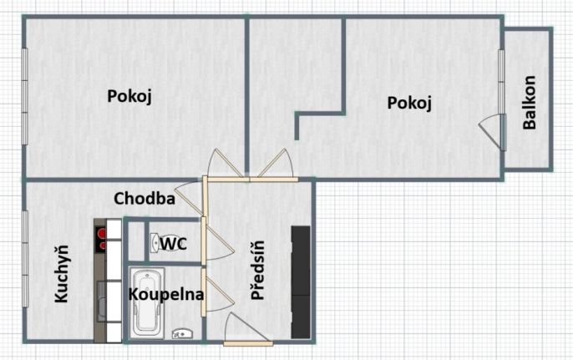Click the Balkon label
tap(530, 103)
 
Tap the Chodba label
tap(145, 199)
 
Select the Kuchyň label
tap(62, 274)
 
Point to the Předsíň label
tap(257, 271)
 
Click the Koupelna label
tap(166, 294)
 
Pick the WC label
tap(174, 243)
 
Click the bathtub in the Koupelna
tap(147, 303)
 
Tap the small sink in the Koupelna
tap(182, 333)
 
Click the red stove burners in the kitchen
tap(100, 239)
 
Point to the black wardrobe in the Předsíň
tap(301, 282)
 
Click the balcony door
tap(494, 132)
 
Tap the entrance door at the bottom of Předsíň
tap(248, 330)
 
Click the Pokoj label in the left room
tap(129, 97)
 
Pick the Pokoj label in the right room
tap(409, 103)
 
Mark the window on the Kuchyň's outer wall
tap(25, 259)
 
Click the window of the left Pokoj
tap(25, 97)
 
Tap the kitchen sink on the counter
tap(102, 302)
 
